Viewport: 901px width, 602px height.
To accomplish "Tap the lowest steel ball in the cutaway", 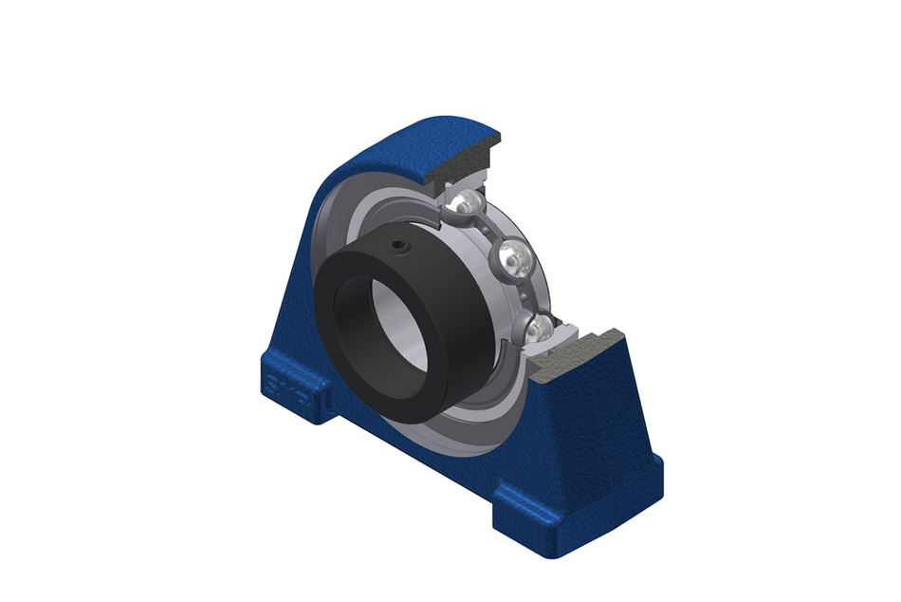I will point(538,328).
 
